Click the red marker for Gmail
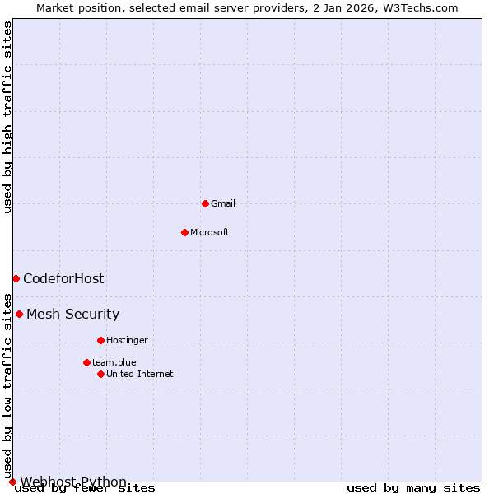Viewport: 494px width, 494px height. pyautogui.click(x=205, y=203)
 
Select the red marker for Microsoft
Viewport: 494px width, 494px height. pyautogui.click(x=184, y=232)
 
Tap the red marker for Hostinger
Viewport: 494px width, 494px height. pyautogui.click(x=100, y=340)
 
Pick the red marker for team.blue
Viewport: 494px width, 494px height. pyautogui.click(x=86, y=362)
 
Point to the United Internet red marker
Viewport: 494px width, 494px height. pyautogui.click(x=100, y=374)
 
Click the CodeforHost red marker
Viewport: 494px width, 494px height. pyautogui.click(x=16, y=278)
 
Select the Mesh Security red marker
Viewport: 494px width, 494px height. pyautogui.click(x=19, y=314)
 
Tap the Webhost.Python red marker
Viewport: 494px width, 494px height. pyautogui.click(x=12, y=482)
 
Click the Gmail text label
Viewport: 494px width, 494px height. pyautogui.click(x=223, y=203)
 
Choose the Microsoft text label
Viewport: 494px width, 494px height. pyautogui.click(x=209, y=232)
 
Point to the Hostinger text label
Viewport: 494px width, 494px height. pyautogui.click(x=127, y=340)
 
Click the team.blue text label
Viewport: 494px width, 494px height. pyautogui.click(x=114, y=362)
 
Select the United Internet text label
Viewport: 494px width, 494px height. pyautogui.click(x=139, y=374)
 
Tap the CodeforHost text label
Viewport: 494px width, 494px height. pyautogui.click(x=63, y=278)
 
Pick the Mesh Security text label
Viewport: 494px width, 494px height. pyautogui.click(x=72, y=314)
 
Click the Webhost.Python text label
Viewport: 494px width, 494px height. pyautogui.click(x=73, y=482)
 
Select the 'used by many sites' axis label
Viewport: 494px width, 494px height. pyautogui.click(x=413, y=488)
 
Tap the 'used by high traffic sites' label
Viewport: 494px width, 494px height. pyautogui.click(x=7, y=117)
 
